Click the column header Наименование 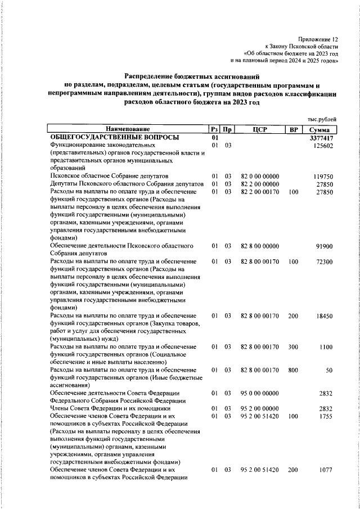(x=128, y=129)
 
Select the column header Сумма (x=323, y=129)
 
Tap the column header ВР (x=292, y=129)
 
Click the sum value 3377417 (x=322, y=138)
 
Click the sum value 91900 (x=326, y=246)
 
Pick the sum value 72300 (x=326, y=262)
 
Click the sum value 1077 (x=327, y=470)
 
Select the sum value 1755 (x=327, y=416)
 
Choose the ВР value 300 (x=292, y=347)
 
